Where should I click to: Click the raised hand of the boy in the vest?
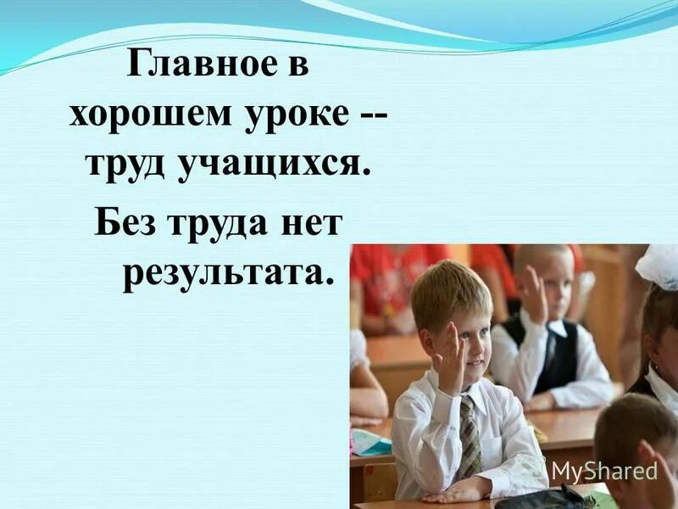(x=533, y=293)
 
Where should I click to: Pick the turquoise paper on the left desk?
(x=370, y=440)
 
